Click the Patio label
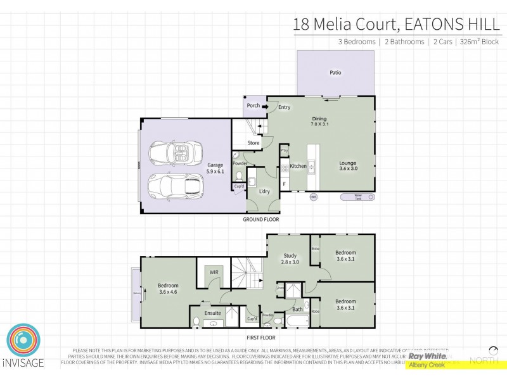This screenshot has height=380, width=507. tap(335, 72)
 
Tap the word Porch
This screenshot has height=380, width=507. tap(253, 106)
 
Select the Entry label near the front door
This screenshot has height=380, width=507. tap(284, 107)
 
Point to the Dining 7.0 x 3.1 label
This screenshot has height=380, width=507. tap(319, 122)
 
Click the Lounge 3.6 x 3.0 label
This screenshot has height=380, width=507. tap(348, 166)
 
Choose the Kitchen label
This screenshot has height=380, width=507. tap(298, 166)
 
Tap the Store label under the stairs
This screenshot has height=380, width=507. tap(253, 143)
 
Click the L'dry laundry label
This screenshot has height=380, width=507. tap(266, 191)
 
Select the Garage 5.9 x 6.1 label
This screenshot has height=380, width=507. tap(215, 168)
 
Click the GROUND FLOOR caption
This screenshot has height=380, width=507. tap(261, 220)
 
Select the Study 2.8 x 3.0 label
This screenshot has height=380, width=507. tap(290, 259)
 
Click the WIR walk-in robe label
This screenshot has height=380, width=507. tap(214, 272)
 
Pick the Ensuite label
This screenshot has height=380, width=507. tap(213, 312)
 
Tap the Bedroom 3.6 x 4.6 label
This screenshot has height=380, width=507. tap(168, 289)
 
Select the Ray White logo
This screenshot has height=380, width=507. tap(428, 357)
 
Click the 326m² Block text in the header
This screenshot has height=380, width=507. tap(479, 42)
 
